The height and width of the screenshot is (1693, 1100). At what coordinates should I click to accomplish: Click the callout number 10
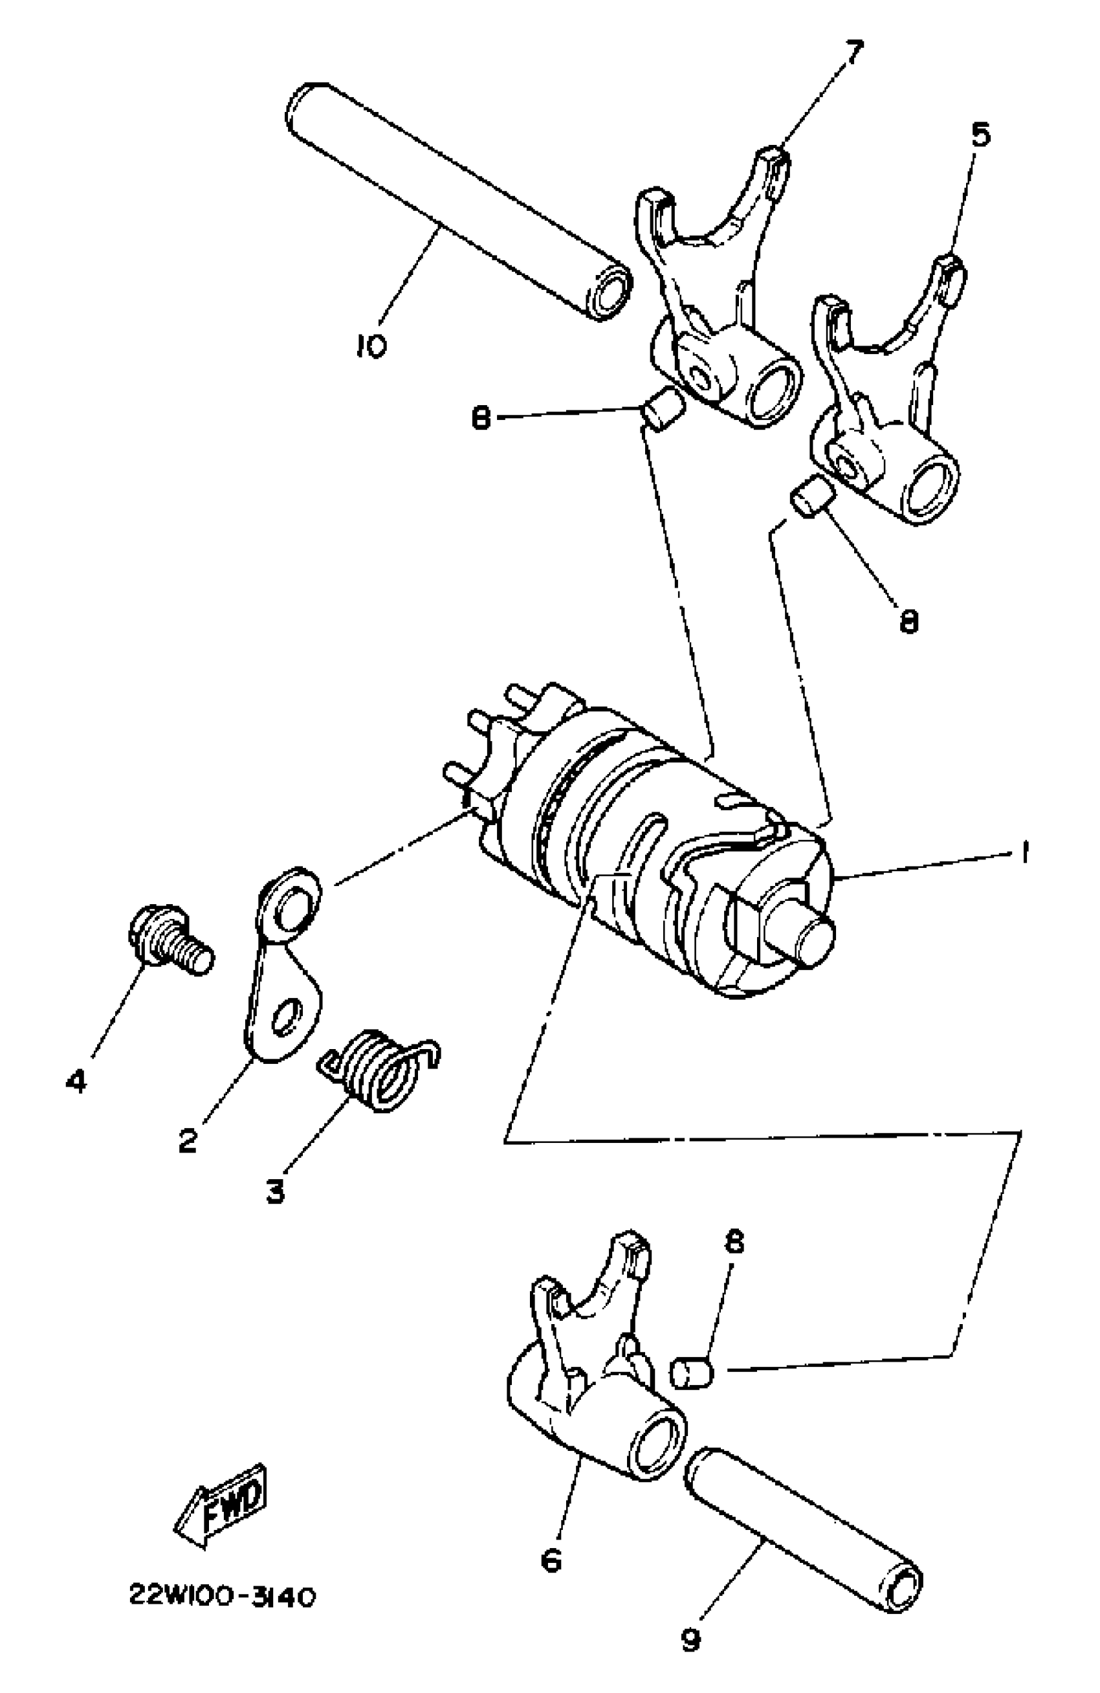pos(371,346)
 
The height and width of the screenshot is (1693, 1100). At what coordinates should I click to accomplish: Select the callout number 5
pos(980,135)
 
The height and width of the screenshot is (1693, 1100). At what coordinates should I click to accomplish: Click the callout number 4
pos(76,1081)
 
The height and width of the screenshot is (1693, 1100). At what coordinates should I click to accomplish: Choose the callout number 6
pos(551,1560)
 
